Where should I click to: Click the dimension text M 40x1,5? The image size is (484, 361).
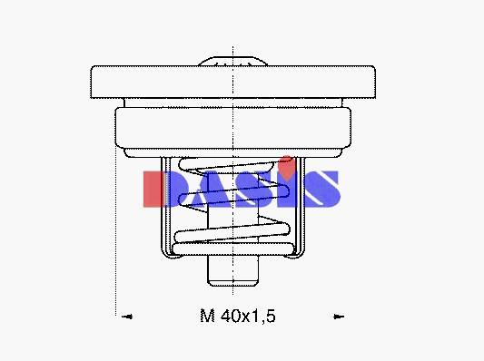coord(237,316)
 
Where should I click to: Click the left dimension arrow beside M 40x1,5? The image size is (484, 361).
coord(127,317)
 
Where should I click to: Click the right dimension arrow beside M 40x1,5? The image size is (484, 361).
coord(339,317)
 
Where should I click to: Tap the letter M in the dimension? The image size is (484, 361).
coord(207,316)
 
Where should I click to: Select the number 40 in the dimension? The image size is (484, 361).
coord(230,316)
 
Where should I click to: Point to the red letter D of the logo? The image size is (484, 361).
coord(155,189)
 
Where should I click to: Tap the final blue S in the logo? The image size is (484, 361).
coord(321,189)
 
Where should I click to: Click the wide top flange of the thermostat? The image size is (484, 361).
coord(233,82)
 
